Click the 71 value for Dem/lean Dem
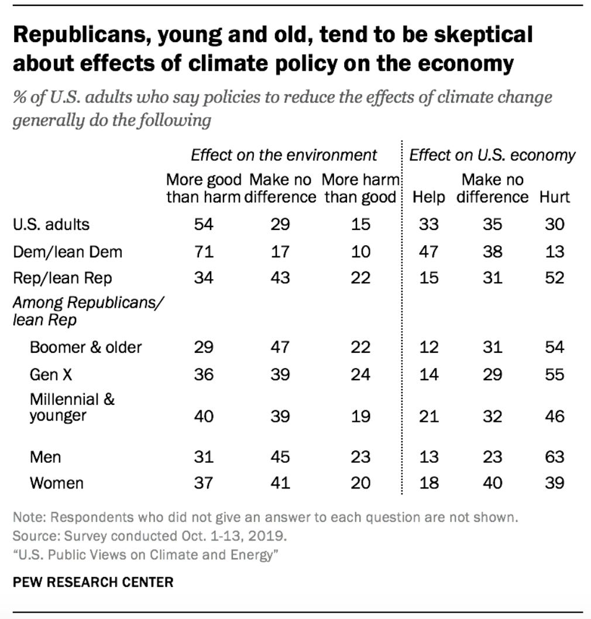click(204, 251)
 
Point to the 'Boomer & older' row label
click(85, 347)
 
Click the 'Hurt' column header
click(554, 197)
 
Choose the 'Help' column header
click(429, 197)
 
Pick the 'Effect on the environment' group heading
click(284, 155)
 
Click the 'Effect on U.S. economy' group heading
click(492, 155)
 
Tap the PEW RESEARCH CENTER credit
click(93, 582)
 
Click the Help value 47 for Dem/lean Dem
click(429, 251)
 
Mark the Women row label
click(56, 483)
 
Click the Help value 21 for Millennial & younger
click(429, 416)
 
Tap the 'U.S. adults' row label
click(51, 224)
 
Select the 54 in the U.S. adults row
click(204, 224)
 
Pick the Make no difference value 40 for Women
click(492, 483)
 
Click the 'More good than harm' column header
click(204, 188)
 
